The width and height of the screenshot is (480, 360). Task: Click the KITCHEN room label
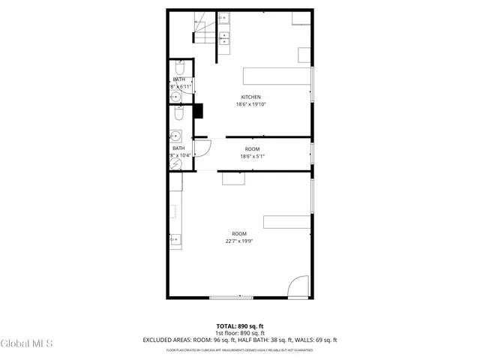click(251, 97)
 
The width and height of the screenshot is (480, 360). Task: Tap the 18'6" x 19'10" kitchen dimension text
click(251, 105)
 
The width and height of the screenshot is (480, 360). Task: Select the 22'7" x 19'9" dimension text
click(239, 241)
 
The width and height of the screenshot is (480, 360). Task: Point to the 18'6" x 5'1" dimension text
click(252, 157)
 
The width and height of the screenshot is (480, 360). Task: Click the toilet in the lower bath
click(178, 113)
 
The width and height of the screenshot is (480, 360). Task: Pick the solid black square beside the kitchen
click(199, 111)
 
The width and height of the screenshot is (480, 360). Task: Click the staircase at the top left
click(204, 31)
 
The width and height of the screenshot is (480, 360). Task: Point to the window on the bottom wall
click(232, 298)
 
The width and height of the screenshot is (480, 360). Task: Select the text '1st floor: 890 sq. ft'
click(240, 333)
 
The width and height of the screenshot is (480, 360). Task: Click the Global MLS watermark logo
click(27, 343)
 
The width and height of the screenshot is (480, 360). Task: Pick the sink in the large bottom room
click(175, 240)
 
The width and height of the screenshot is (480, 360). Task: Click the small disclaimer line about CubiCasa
click(240, 349)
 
